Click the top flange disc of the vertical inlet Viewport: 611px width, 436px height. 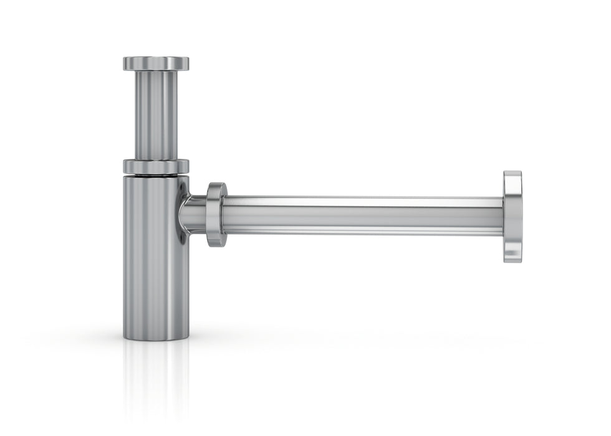(x=156, y=64)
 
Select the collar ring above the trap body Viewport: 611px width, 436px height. (x=156, y=167)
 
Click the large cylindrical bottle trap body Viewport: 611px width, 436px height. (x=156, y=255)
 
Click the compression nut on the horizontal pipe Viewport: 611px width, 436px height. (x=216, y=214)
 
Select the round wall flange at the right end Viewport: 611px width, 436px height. (x=512, y=216)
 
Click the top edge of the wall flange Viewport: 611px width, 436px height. (x=512, y=172)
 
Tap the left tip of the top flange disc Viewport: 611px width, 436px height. (x=124, y=64)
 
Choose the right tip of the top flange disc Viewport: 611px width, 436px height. (x=188, y=64)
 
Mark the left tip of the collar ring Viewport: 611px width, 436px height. (x=124, y=167)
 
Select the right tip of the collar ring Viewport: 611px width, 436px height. (x=188, y=167)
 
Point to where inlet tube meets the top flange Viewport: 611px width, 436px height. (x=156, y=71)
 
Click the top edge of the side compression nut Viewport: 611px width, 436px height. (x=216, y=184)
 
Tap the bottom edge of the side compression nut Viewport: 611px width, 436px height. (x=216, y=246)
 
